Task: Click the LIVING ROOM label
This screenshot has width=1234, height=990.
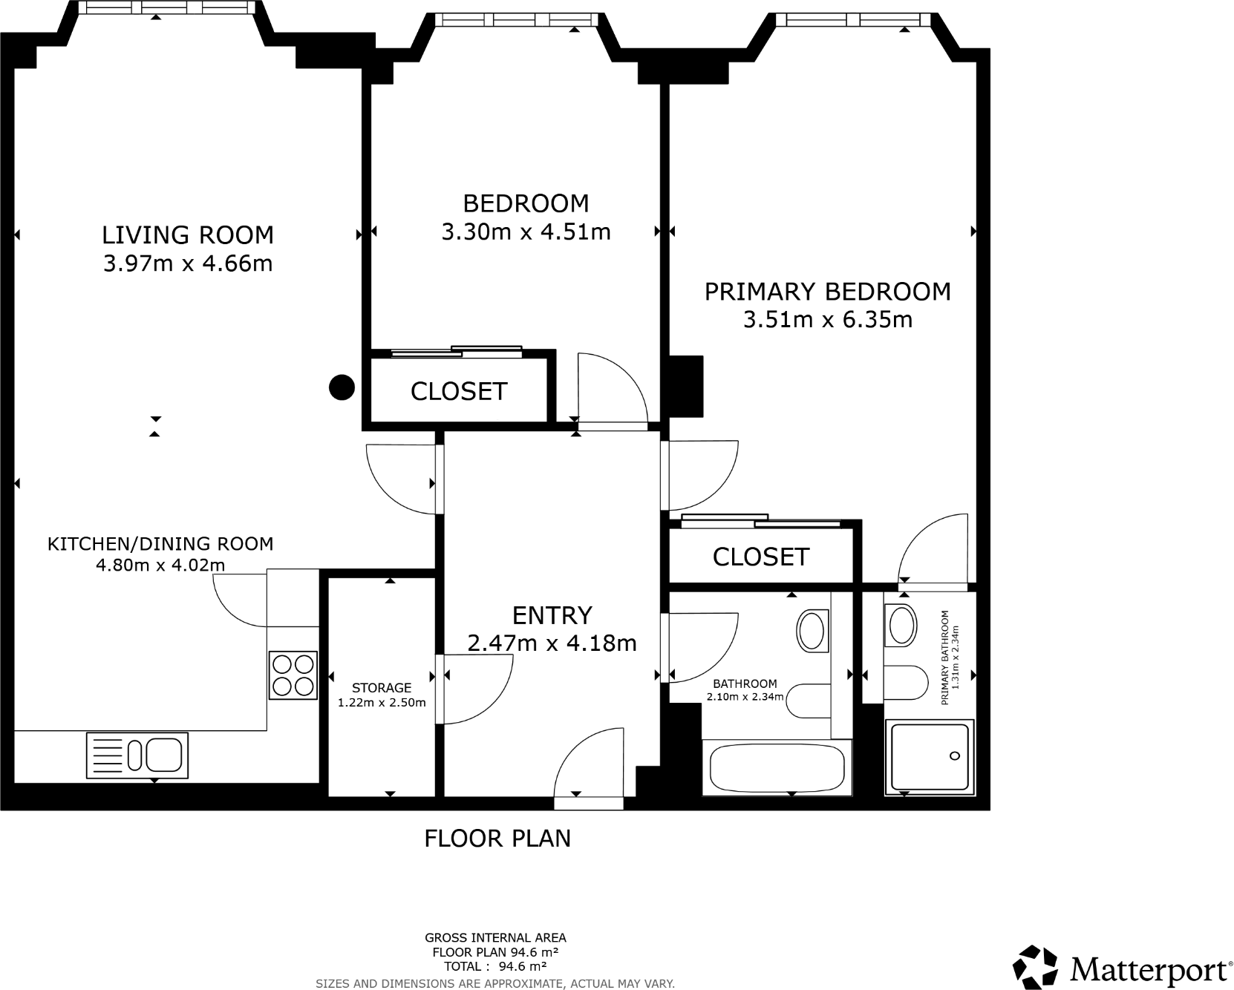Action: (188, 235)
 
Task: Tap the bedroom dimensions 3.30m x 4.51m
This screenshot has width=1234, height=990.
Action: (526, 232)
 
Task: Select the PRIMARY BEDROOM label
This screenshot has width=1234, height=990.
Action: (827, 292)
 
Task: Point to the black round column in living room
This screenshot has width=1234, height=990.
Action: (342, 387)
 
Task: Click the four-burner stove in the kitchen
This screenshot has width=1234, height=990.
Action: (293, 675)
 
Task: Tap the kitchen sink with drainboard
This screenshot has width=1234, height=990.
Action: (137, 755)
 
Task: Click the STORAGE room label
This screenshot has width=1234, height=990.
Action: (382, 688)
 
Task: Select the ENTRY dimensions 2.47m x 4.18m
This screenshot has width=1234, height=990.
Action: (552, 643)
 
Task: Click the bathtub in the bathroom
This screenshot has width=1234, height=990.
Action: (777, 767)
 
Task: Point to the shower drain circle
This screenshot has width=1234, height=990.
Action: (955, 755)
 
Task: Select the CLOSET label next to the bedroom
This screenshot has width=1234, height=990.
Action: (459, 391)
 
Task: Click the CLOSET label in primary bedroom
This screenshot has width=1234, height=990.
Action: (760, 557)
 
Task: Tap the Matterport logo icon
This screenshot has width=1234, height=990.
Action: (1036, 967)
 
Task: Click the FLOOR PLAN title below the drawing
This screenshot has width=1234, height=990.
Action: (497, 839)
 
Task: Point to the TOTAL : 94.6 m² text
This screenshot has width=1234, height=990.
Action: (495, 966)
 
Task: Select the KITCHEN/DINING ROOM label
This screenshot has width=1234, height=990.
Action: (160, 544)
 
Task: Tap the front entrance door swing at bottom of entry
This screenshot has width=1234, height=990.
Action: (590, 764)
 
